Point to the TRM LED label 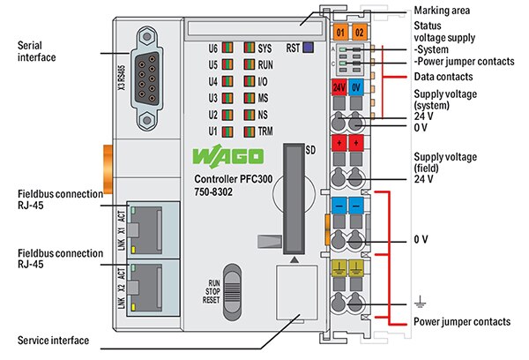tap(265, 131)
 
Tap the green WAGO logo tap(227, 158)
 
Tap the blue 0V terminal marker tap(356, 89)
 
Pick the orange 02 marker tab tap(360, 33)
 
